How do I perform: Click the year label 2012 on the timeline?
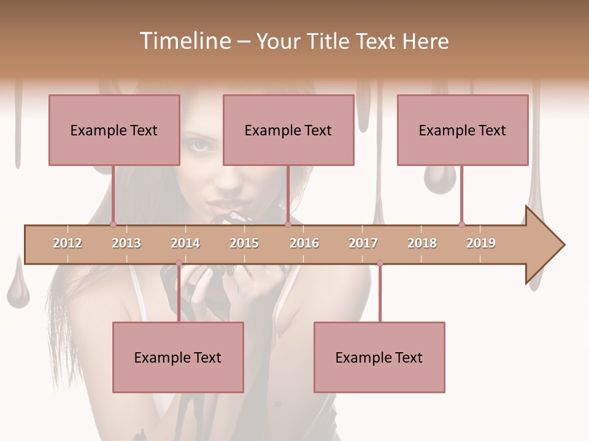(x=67, y=243)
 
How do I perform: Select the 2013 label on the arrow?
(x=126, y=243)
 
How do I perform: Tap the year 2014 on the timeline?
(x=185, y=243)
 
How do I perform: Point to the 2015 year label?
(x=244, y=243)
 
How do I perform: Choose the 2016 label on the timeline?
(x=304, y=243)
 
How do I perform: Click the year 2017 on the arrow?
(x=363, y=243)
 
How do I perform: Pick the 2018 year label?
(x=422, y=243)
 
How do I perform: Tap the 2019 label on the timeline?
(x=481, y=243)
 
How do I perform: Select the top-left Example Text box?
(x=114, y=130)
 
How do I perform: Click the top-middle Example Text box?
(x=288, y=130)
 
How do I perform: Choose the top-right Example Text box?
(x=463, y=130)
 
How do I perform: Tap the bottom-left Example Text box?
(x=178, y=357)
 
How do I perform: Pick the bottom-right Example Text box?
(x=379, y=357)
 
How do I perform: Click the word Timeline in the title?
(x=183, y=41)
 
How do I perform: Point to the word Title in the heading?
(x=329, y=41)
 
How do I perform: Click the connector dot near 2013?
(x=114, y=224)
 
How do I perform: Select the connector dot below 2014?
(x=179, y=263)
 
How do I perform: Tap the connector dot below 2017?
(x=380, y=263)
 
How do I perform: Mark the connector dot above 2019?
(x=461, y=224)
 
